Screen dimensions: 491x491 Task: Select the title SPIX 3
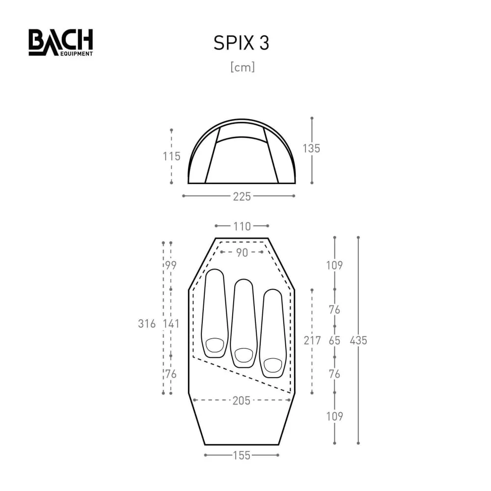[x=241, y=43]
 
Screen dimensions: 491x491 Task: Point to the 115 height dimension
[x=172, y=157]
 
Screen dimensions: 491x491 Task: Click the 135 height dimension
[x=311, y=148]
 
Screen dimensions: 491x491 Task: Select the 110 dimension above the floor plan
[x=242, y=226]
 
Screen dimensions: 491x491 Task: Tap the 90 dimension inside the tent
[x=242, y=252]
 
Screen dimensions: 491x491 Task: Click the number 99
[x=171, y=265]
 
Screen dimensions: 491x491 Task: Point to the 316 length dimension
[x=147, y=324]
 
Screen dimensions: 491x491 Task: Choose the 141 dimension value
[x=171, y=324]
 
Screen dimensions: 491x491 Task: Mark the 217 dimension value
[x=312, y=340]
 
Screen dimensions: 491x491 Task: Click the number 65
[x=334, y=340]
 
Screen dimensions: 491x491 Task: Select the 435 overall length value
[x=358, y=340]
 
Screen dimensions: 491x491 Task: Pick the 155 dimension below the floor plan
[x=241, y=456]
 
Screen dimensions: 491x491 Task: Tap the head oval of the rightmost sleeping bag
[x=273, y=365]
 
